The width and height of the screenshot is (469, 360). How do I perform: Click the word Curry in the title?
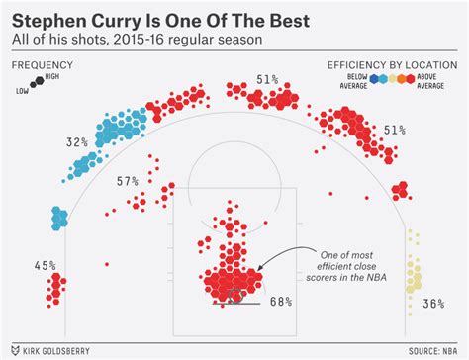tap(120, 19)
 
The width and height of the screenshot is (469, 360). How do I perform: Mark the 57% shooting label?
tap(128, 181)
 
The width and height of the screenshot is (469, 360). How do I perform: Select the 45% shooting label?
tap(44, 265)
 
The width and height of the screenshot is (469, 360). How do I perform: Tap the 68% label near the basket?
tap(281, 302)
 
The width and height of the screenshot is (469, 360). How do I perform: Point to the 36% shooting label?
tap(431, 304)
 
